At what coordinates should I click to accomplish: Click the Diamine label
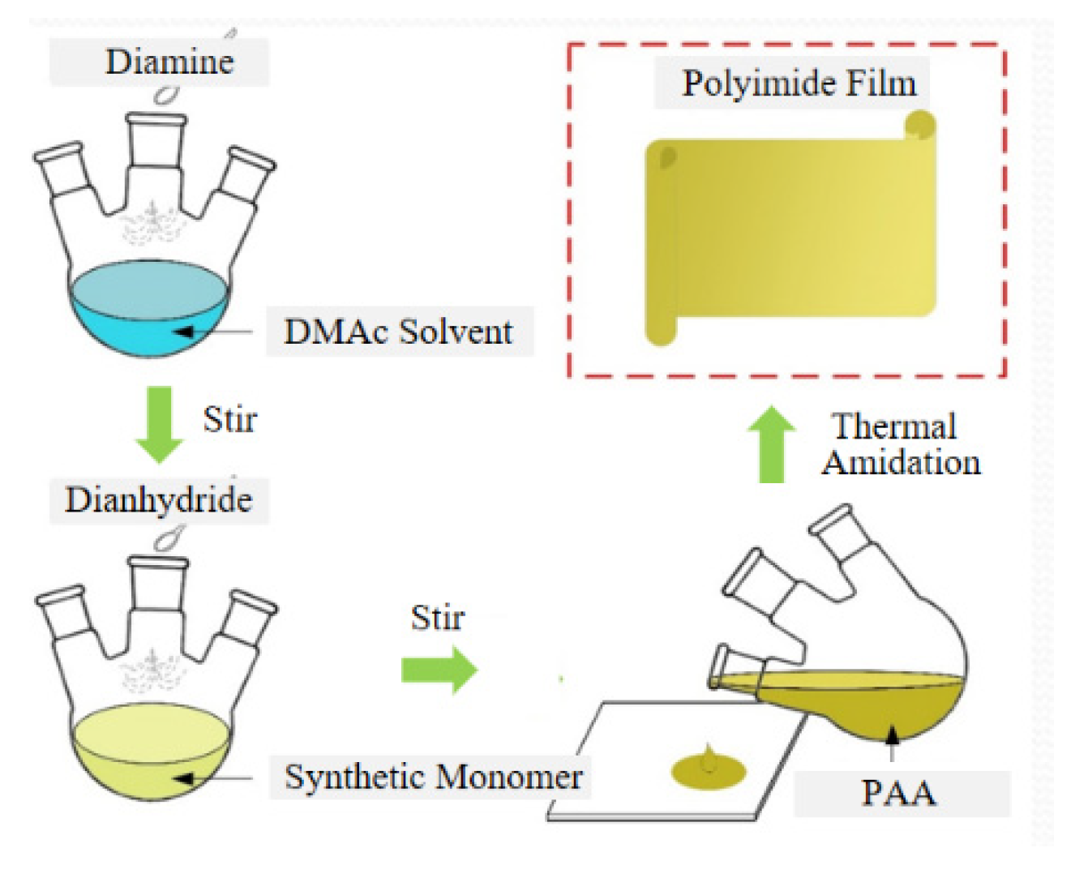pyautogui.click(x=169, y=62)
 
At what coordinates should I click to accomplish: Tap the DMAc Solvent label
pyautogui.click(x=398, y=332)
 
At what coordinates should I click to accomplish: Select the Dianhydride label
pyautogui.click(x=159, y=499)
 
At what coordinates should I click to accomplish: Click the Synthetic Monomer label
pyautogui.click(x=433, y=777)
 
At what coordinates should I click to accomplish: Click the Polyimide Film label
pyautogui.click(x=799, y=84)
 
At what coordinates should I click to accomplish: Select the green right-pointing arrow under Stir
pyautogui.click(x=439, y=670)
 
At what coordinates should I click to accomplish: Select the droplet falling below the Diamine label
pyautogui.click(x=167, y=96)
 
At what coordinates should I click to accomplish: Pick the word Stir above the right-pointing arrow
pyautogui.click(x=437, y=619)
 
